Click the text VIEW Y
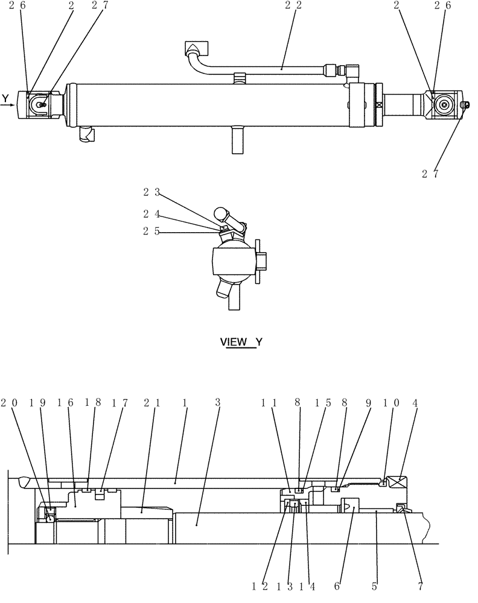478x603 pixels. (241, 342)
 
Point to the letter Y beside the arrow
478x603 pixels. (5, 97)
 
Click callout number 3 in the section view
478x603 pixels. (218, 402)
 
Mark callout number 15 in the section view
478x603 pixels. (322, 402)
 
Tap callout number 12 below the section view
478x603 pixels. (259, 586)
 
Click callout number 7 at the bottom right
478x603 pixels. (421, 586)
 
